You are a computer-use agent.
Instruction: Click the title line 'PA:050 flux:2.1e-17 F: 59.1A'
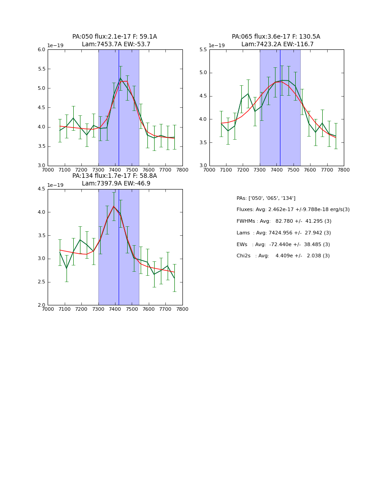pos(115,37)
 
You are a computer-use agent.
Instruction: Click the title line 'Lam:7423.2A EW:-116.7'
pos(277,44)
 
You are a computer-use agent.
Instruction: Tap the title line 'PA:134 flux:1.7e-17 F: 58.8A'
pos(115,176)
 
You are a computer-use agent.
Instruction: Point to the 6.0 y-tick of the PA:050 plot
pos(41,50)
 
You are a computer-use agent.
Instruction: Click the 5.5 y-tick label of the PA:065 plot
pos(203,50)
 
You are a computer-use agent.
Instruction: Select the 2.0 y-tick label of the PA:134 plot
pos(41,305)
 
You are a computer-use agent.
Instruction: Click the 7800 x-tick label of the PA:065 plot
pos(344,170)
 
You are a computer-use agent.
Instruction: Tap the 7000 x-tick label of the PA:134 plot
pos(48,309)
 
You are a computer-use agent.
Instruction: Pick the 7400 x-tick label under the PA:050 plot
pos(115,170)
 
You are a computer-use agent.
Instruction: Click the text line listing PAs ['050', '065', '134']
pos(266,198)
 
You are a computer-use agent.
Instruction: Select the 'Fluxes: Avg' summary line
pos(293,210)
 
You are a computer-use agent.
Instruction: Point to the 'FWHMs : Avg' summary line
pos(284,221)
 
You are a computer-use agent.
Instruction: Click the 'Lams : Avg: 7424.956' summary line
pos(284,233)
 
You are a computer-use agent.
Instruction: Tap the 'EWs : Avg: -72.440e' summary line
pos(283,245)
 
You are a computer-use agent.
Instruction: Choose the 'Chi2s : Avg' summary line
pos(283,256)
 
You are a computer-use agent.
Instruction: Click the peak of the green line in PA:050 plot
pos(120,78)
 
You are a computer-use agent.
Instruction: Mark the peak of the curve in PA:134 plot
pos(114,207)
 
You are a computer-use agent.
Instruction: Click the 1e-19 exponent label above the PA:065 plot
pos(217,45)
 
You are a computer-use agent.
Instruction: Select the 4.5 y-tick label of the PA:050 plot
pos(41,108)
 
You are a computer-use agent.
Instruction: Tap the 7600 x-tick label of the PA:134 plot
pos(149,309)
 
